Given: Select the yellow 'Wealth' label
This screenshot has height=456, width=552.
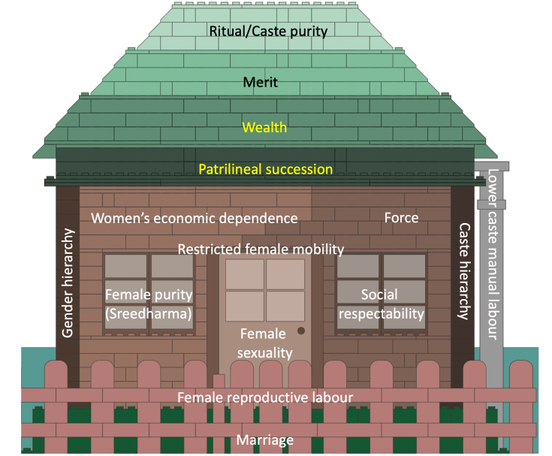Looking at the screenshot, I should tap(265, 128).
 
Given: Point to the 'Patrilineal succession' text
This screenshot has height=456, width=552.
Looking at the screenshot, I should tap(265, 169).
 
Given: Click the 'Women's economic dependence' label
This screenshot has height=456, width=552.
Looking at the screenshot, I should tap(195, 218).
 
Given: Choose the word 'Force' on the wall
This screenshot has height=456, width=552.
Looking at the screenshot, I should tap(401, 218).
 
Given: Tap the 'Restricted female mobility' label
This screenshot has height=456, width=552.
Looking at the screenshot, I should tap(261, 249).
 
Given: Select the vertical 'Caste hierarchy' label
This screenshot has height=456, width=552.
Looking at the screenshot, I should tap(463, 271).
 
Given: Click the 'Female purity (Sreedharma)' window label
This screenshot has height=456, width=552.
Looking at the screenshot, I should tap(149, 303).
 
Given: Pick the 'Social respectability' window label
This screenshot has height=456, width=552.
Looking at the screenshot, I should tap(382, 303).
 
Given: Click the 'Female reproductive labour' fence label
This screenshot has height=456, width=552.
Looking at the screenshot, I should tap(265, 397).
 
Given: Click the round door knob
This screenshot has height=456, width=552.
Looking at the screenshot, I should tap(301, 331).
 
